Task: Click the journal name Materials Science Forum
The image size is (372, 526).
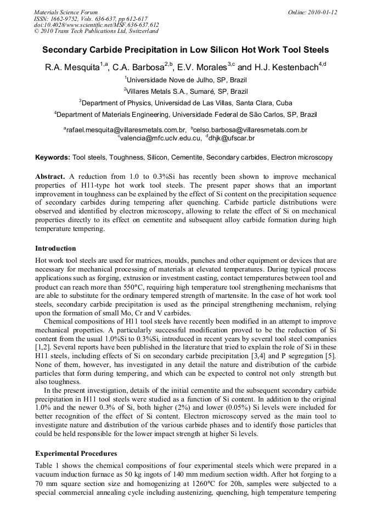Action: (66, 12)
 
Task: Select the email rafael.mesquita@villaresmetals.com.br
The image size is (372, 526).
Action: (125, 130)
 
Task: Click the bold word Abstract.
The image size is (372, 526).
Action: (50, 177)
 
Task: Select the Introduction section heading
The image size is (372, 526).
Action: (55, 248)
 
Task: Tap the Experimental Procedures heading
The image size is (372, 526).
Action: (76, 454)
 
